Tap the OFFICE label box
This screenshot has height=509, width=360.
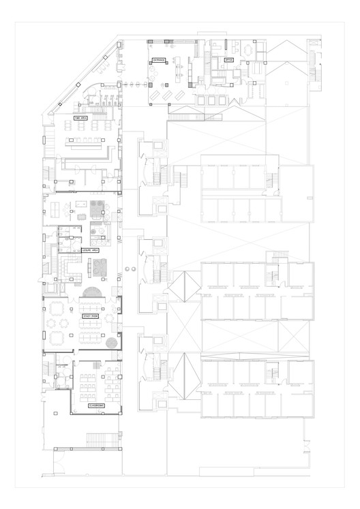229,60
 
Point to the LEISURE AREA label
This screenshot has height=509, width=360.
91,251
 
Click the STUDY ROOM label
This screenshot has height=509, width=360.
91,316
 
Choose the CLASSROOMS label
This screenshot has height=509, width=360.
96,405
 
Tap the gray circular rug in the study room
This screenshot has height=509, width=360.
112,341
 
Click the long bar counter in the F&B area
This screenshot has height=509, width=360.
85,142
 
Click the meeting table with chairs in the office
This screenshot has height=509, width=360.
244,49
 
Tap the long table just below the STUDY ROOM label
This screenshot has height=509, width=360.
91,338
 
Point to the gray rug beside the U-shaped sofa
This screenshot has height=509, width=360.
100,264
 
